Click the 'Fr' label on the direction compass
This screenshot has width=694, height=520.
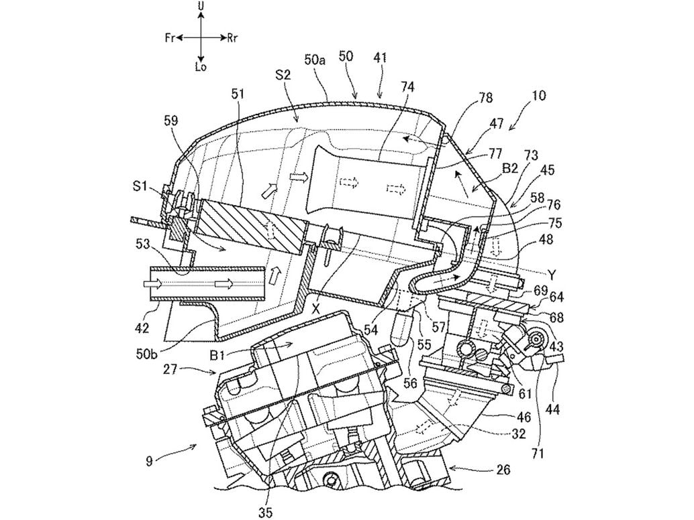(x=170, y=38)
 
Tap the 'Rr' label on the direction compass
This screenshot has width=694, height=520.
(x=233, y=38)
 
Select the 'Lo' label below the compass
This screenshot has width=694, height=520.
(x=200, y=67)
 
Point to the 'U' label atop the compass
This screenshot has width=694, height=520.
(x=201, y=6)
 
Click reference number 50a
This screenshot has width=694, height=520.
(x=315, y=60)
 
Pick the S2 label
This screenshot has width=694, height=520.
(x=283, y=75)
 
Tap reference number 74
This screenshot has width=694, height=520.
(x=407, y=88)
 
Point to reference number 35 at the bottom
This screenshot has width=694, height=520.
(x=266, y=513)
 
